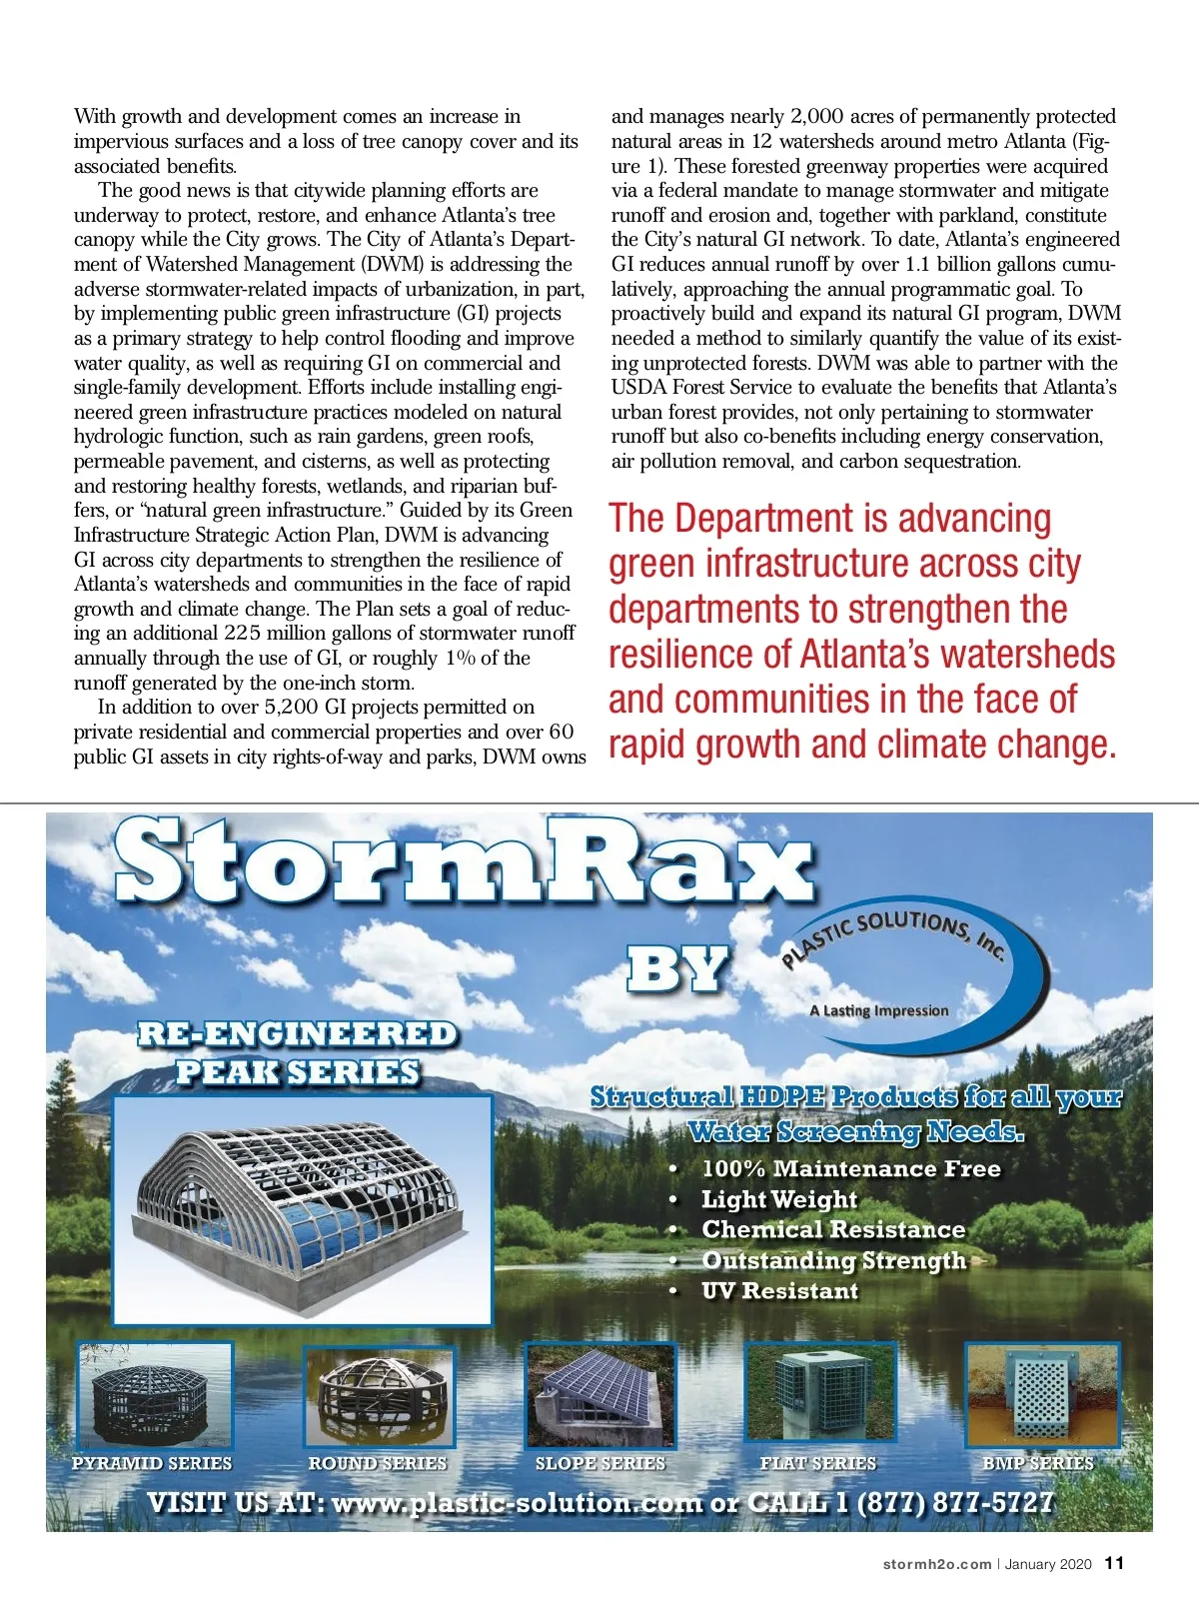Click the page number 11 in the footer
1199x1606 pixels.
1114,1563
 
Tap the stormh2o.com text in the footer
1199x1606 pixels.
936,1564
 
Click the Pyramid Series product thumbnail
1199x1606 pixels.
154,1395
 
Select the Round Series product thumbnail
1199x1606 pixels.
379,1395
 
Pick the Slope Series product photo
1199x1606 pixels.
600,1395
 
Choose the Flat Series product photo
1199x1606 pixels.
819,1395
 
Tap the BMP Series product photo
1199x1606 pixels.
1041,1395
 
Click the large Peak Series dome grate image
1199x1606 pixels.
303,1209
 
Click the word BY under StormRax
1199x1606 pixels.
677,968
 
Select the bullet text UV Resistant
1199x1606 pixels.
779,1291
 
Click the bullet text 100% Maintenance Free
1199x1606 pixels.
850,1168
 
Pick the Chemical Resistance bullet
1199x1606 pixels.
833,1229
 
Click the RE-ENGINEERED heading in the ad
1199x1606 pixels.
297,1033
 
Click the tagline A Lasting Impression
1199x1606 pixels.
878,1010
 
